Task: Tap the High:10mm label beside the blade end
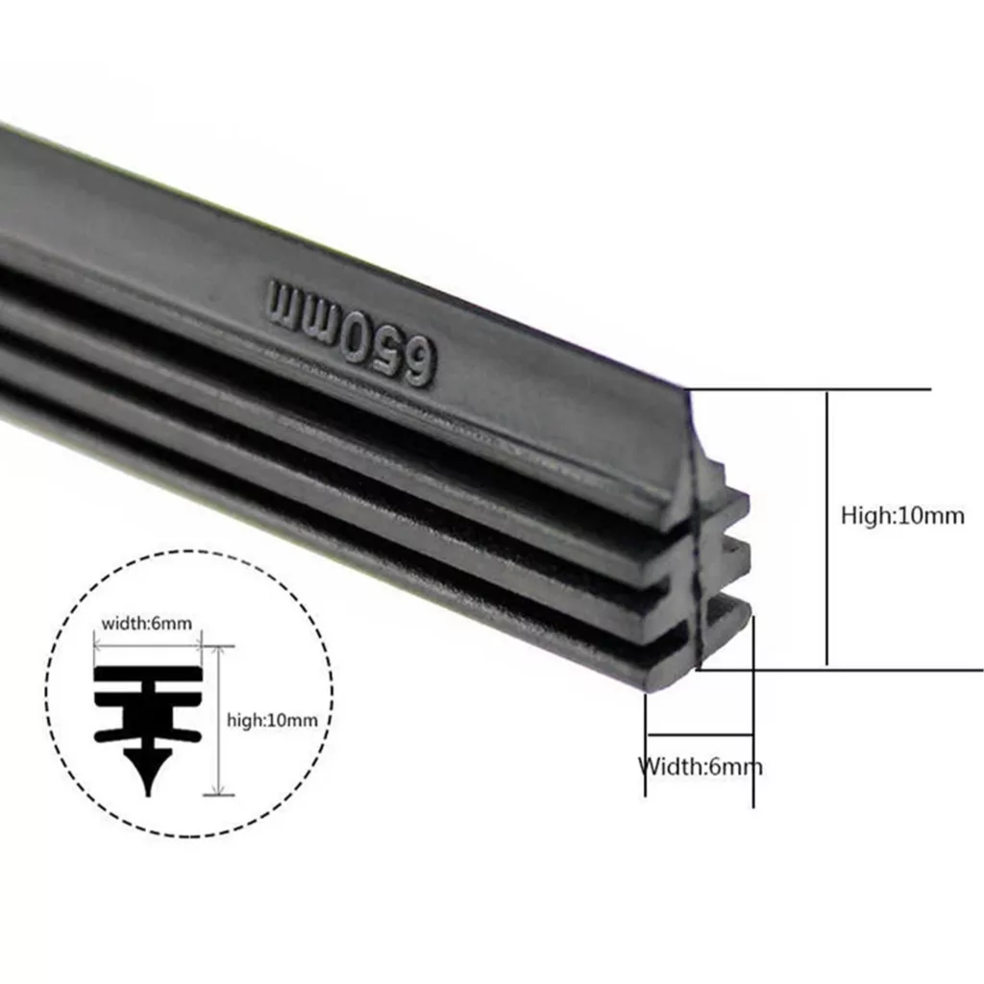tap(902, 516)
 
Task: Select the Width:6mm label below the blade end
tap(701, 766)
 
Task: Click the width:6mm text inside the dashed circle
tap(147, 624)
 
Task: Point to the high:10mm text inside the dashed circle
tap(272, 720)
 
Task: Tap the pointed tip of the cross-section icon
tap(149, 795)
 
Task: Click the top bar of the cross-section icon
tap(149, 675)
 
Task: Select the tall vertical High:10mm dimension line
tap(827, 529)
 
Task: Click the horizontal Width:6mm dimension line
tap(700, 733)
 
